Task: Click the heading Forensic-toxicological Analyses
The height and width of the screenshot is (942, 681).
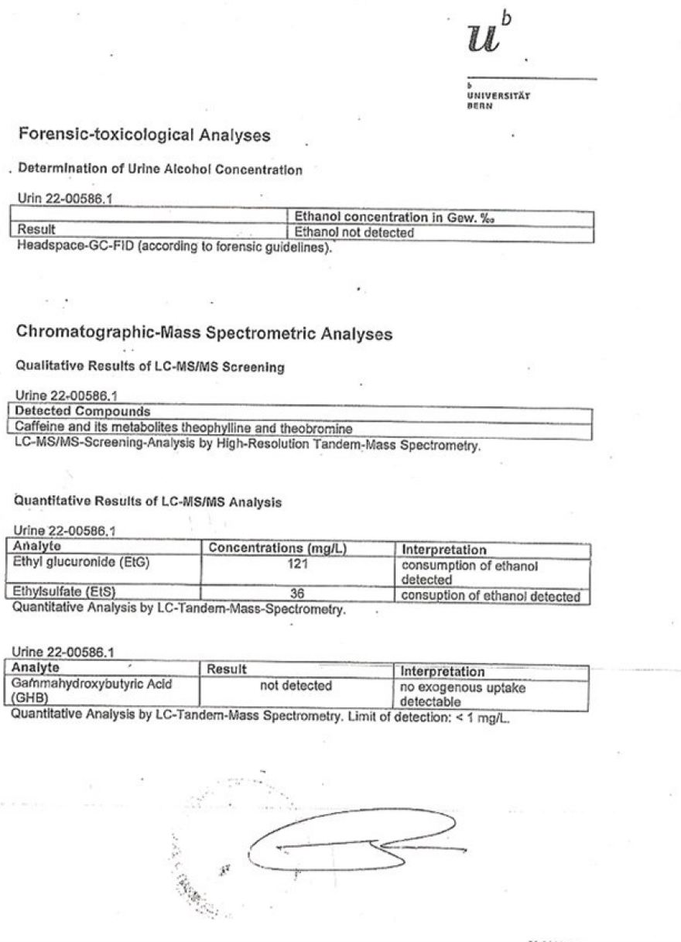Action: [x=144, y=135]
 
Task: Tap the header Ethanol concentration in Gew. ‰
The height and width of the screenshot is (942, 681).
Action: [x=394, y=218]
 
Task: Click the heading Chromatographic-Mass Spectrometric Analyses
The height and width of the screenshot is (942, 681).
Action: [x=204, y=334]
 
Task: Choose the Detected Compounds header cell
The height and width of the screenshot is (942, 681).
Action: [x=83, y=411]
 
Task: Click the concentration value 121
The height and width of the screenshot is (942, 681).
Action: [x=298, y=563]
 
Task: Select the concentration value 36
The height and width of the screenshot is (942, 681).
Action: [x=298, y=594]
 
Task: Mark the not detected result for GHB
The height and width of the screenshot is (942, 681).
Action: [x=297, y=686]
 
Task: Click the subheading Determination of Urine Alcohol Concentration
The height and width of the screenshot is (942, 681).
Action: [x=160, y=170]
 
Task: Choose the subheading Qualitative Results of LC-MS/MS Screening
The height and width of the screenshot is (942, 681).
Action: [x=150, y=368]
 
